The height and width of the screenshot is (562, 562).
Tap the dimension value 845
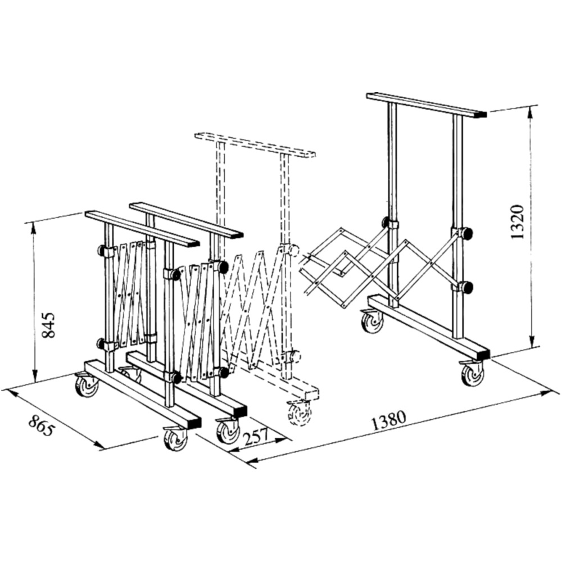point(48,325)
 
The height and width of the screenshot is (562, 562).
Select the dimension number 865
point(42,425)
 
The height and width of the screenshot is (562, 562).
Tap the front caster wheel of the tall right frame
point(472,374)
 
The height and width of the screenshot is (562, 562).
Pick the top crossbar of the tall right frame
point(427,105)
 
